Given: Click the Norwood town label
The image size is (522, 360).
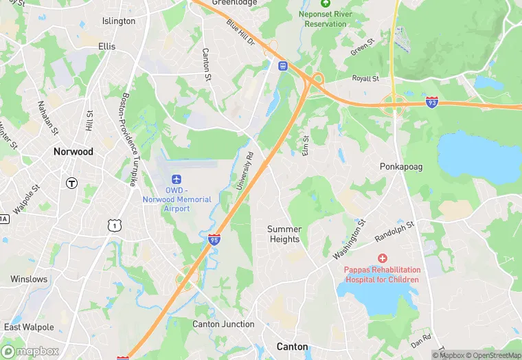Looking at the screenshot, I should [73, 151].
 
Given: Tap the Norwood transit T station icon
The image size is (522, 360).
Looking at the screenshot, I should [71, 183].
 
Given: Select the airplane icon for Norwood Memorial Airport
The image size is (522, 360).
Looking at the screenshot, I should [177, 179].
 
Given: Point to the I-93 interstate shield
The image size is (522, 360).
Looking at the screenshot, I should [431, 102].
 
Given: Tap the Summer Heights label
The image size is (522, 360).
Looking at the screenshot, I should [284, 234].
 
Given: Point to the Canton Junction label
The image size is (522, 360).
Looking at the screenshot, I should [223, 324].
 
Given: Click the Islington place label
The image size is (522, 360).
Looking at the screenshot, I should [119, 21].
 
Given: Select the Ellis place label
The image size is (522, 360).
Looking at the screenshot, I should [107, 47].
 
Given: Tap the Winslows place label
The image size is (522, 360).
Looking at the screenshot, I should [29, 280].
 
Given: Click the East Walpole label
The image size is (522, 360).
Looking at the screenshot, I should [29, 327].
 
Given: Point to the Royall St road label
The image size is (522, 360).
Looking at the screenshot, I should [365, 79].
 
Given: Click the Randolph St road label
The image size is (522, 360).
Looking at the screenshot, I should [394, 232].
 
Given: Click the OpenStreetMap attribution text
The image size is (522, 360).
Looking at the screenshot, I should [494, 355].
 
